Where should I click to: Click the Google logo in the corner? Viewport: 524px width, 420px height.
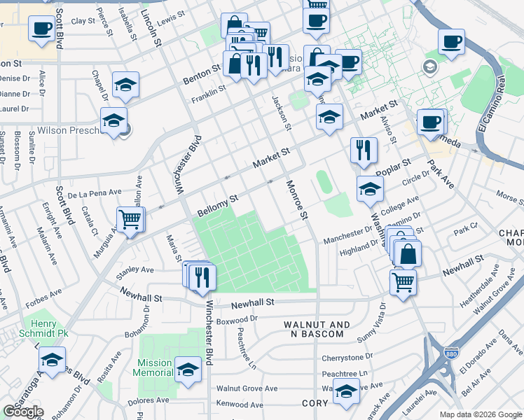(23, 412)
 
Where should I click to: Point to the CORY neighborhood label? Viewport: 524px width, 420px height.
(315, 403)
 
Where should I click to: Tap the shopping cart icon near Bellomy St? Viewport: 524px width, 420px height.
(130, 219)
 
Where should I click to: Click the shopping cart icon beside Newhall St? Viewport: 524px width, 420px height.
(403, 282)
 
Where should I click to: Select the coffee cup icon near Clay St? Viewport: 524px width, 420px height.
(42, 29)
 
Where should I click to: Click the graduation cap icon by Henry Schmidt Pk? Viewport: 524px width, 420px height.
(52, 360)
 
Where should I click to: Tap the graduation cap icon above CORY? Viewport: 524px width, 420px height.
(346, 391)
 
